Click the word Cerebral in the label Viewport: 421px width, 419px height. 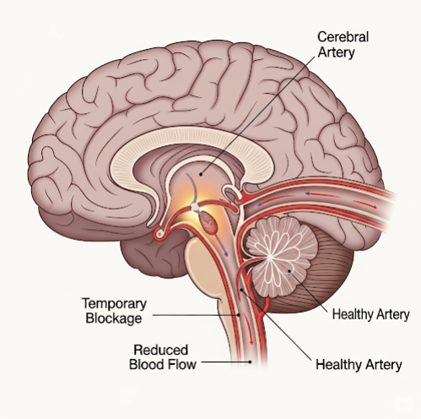tap(343, 37)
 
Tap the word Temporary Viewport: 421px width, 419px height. tap(114, 304)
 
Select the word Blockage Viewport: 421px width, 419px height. tap(114, 318)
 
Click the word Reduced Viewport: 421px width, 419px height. tap(161, 350)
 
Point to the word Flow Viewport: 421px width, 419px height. tap(183, 364)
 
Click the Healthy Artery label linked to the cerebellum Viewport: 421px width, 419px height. tap(370, 314)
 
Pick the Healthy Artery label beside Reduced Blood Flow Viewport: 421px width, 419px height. tap(359, 364)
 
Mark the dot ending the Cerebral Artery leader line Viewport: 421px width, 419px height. tap(201, 174)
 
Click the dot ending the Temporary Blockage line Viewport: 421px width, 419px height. tap(239, 315)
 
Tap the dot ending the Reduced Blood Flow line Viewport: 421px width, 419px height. tap(250, 362)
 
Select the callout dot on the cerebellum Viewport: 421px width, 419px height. tap(289, 271)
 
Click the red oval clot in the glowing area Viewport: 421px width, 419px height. tap(209, 222)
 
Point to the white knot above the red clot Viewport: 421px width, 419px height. tap(195, 207)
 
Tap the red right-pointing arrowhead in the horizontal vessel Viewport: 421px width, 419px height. tap(365, 204)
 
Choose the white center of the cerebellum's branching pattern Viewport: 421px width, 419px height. tap(269, 256)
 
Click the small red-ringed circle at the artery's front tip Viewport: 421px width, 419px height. tap(160, 233)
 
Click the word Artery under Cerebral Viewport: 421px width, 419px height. tap(336, 52)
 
